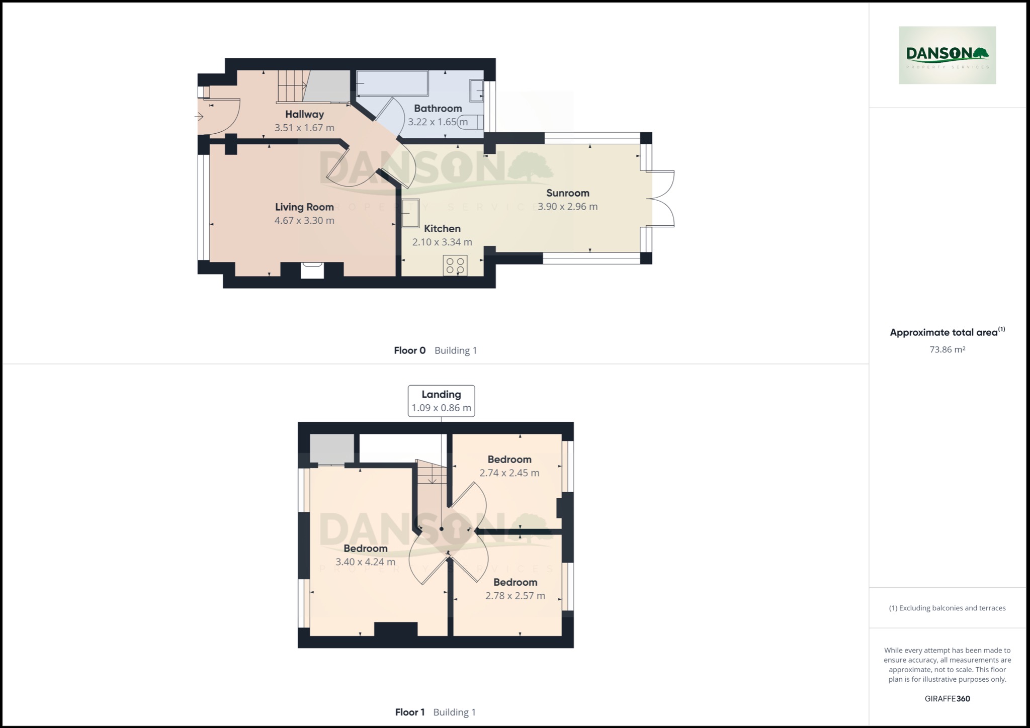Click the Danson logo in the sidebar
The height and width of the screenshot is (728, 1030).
pyautogui.click(x=947, y=55)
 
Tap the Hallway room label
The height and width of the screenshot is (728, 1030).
pyautogui.click(x=304, y=114)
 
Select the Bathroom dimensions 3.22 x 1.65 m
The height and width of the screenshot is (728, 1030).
pyautogui.click(x=438, y=122)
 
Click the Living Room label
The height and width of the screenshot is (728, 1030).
pyautogui.click(x=304, y=207)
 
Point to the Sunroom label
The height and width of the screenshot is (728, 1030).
pyautogui.click(x=567, y=193)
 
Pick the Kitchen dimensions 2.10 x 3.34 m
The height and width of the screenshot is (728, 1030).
pyautogui.click(x=442, y=242)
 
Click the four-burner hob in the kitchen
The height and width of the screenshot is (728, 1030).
pyautogui.click(x=455, y=265)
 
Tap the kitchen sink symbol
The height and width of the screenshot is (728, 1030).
pyautogui.click(x=410, y=214)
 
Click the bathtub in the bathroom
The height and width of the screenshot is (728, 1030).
pyautogui.click(x=392, y=83)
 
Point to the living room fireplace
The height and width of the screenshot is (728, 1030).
pyautogui.click(x=312, y=270)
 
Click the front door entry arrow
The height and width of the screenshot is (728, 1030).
pyautogui.click(x=199, y=117)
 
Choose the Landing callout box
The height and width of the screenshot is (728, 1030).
pyautogui.click(x=441, y=401)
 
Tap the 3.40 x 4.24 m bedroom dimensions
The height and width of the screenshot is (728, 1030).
pyautogui.click(x=365, y=562)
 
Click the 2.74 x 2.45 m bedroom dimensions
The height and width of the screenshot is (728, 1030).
pyautogui.click(x=509, y=473)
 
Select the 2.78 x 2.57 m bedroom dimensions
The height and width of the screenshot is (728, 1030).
pyautogui.click(x=515, y=596)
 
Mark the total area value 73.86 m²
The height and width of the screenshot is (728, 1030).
pyautogui.click(x=947, y=349)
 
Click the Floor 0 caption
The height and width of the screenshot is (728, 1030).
pyautogui.click(x=409, y=350)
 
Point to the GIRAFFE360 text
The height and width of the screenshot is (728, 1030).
pyautogui.click(x=947, y=698)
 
